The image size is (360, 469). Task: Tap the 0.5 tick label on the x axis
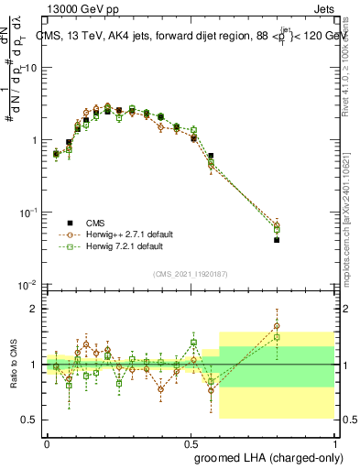pyautogui.click(x=191, y=442)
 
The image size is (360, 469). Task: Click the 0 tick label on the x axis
pyautogui.click(x=47, y=442)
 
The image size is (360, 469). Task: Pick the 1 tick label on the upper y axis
pyautogui.click(x=36, y=140)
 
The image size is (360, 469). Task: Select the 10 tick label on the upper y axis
pyautogui.click(x=33, y=68)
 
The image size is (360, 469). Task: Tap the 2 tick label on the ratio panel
pyautogui.click(x=36, y=309)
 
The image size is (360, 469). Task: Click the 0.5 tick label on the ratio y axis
pyautogui.click(x=32, y=420)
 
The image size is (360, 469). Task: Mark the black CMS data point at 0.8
pyautogui.click(x=277, y=240)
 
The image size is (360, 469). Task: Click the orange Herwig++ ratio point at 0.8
pyautogui.click(x=277, y=325)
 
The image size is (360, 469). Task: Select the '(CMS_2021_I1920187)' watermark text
pyautogui.click(x=190, y=273)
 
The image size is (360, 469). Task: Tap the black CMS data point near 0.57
pyautogui.click(x=212, y=156)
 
